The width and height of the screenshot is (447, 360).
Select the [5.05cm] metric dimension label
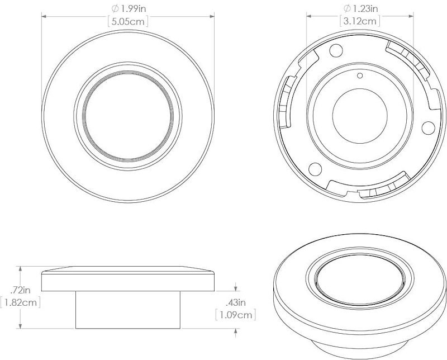[128, 22]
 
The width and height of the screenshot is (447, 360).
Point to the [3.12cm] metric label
[360, 21]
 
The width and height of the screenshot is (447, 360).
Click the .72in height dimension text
[20, 290]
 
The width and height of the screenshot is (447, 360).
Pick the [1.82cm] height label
[20, 302]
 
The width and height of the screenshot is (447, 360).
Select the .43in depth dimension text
[235, 302]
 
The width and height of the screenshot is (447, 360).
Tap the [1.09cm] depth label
[235, 315]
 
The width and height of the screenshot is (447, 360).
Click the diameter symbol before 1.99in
[115, 9]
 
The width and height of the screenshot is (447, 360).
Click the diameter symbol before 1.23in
[347, 8]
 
